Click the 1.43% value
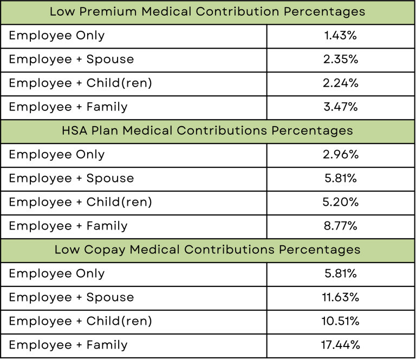coord(341,36)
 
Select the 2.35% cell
coord(341,60)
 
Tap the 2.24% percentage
coord(341,83)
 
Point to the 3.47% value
coord(341,107)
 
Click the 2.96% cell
coord(341,155)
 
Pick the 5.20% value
coord(341,202)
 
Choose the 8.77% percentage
coord(341,226)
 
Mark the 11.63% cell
coord(341,298)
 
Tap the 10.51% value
coord(341,322)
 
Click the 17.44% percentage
coord(341,345)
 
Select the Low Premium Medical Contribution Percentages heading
coord(207,12)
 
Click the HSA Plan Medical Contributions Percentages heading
coord(207,131)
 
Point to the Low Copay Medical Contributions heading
coord(207,250)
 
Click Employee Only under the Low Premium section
coord(57,36)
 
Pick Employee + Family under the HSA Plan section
coord(68,226)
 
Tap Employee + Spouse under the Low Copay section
coord(71,298)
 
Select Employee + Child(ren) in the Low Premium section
coord(80,83)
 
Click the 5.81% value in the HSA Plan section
coord(341,179)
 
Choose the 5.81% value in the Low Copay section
coord(341,274)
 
